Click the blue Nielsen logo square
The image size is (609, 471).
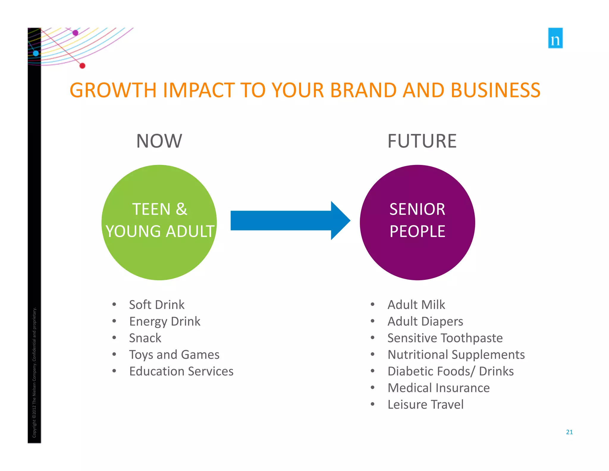[555, 38]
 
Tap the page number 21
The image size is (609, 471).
[569, 432]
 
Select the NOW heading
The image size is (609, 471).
[159, 141]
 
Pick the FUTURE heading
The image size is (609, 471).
[422, 141]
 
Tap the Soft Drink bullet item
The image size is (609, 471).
[157, 305]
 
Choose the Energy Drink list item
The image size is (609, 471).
[165, 322]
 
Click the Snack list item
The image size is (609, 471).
[145, 338]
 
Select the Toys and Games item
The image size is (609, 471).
[174, 355]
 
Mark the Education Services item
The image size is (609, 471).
[181, 372]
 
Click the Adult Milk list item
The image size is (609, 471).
[416, 305]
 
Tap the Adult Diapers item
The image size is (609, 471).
[425, 322]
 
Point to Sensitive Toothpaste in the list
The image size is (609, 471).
[445, 338]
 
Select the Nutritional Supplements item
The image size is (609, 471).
[456, 355]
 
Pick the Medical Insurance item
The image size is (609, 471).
[439, 388]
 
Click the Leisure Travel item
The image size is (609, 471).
[426, 405]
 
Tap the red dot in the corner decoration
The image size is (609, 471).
[82, 66]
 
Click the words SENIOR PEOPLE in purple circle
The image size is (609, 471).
[417, 220]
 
